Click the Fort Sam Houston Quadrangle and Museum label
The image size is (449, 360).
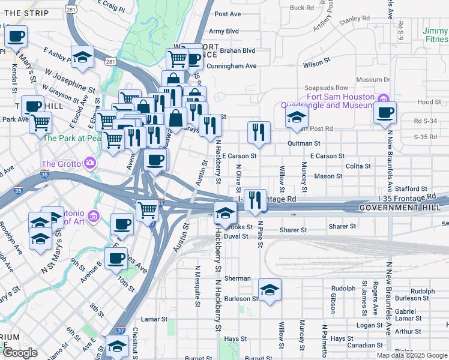[x=340, y=101]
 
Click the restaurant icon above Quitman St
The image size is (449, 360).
[x=259, y=133]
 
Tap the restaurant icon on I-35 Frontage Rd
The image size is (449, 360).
[x=255, y=200]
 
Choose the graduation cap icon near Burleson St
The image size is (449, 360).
[x=270, y=290]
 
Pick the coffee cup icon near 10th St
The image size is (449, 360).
[x=116, y=259]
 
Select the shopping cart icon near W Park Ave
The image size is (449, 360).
[x=41, y=122]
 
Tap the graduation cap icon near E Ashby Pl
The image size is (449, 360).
[x=82, y=57]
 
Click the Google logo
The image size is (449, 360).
[x=19, y=353]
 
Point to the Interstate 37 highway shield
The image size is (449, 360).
[x=121, y=330]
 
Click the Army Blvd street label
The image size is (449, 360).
[x=224, y=31]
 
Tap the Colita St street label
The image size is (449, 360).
[x=358, y=166]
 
